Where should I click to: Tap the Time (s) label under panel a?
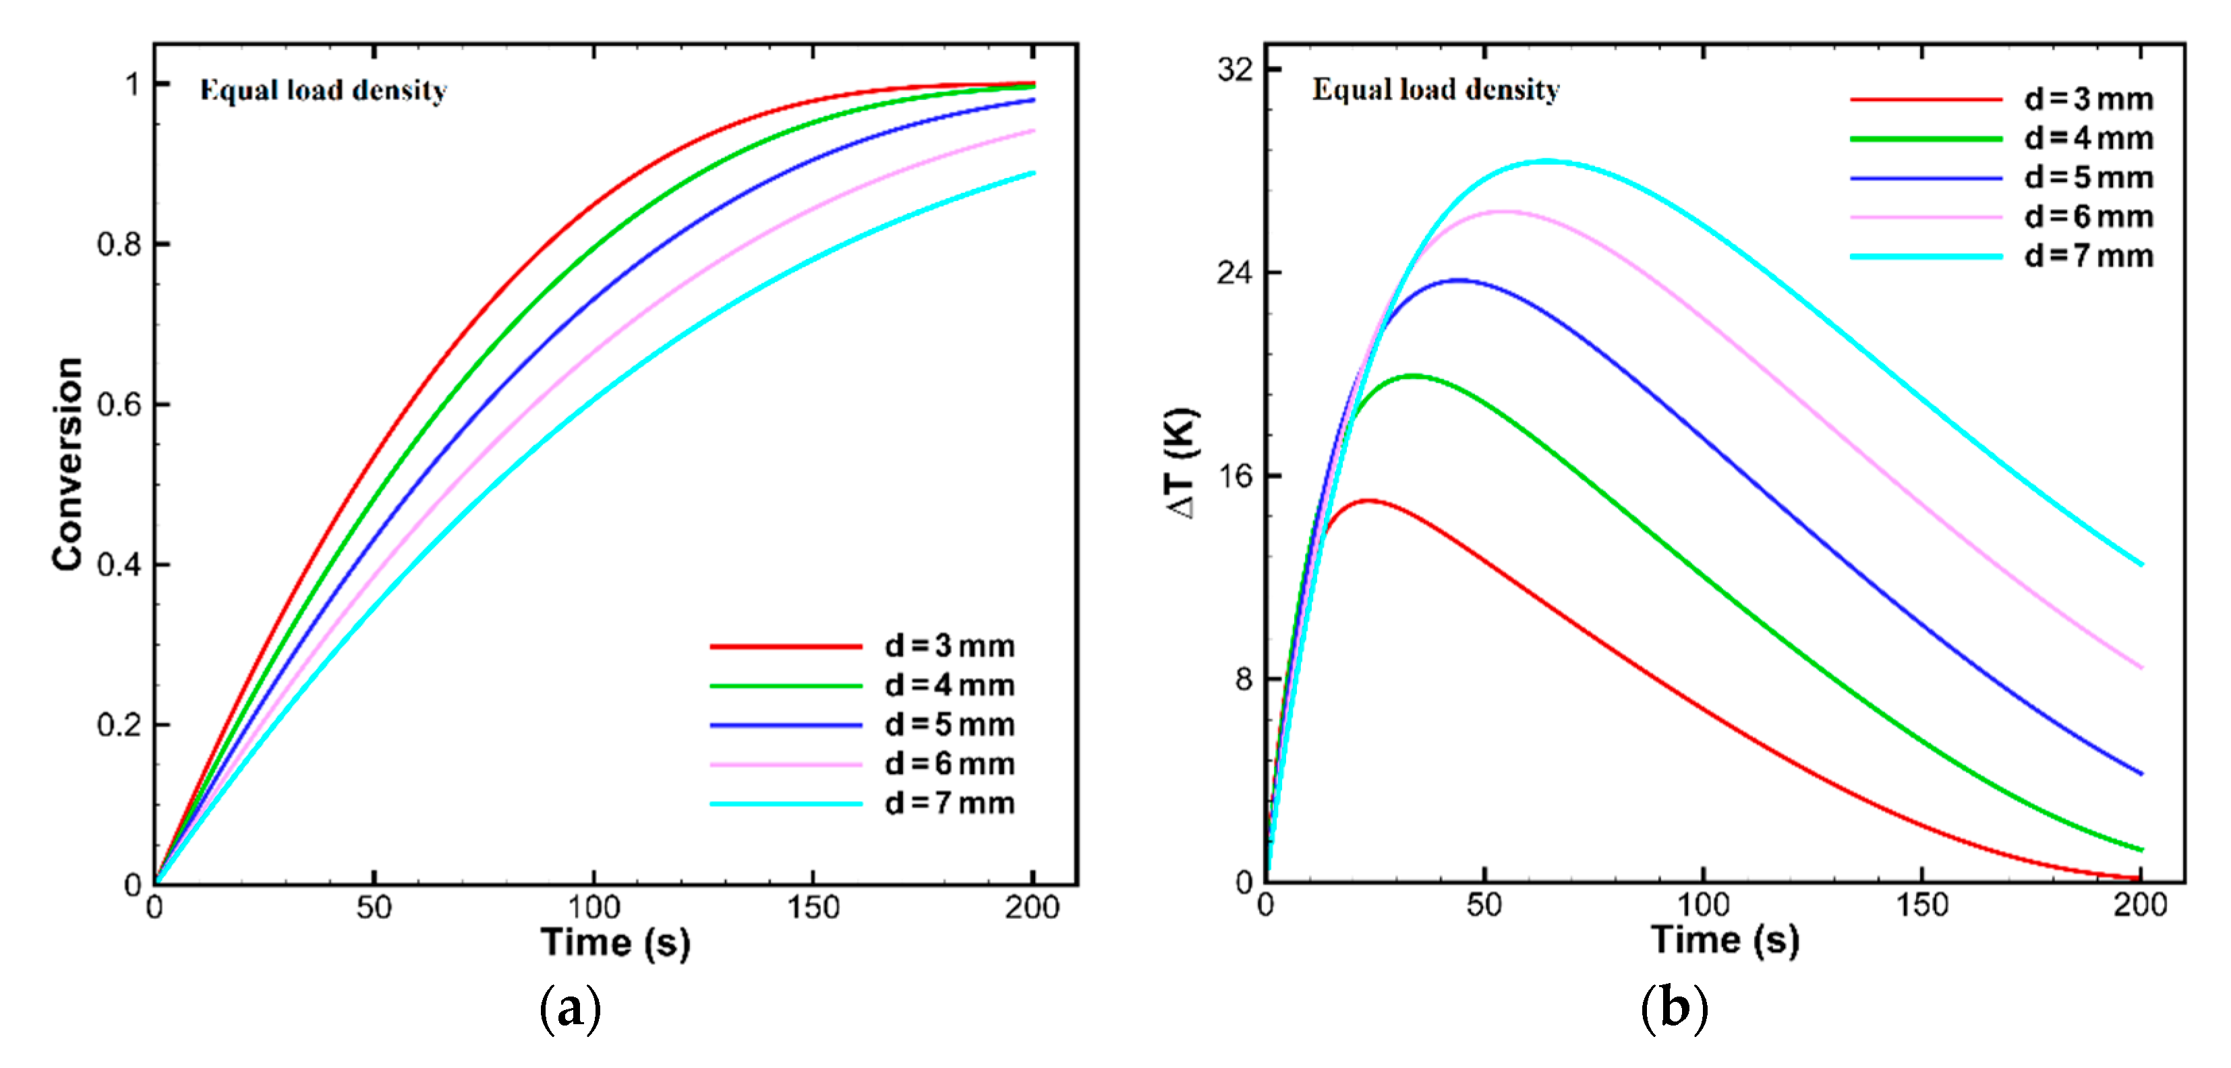615,943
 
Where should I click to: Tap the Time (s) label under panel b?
1725,940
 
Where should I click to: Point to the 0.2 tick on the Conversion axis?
119,725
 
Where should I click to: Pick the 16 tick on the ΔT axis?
1235,475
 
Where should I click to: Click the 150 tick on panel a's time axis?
813,908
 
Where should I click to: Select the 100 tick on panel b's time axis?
1703,905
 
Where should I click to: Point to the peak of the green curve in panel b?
1414,376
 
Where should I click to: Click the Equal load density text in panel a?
323,91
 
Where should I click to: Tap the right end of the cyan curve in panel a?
1033,173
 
